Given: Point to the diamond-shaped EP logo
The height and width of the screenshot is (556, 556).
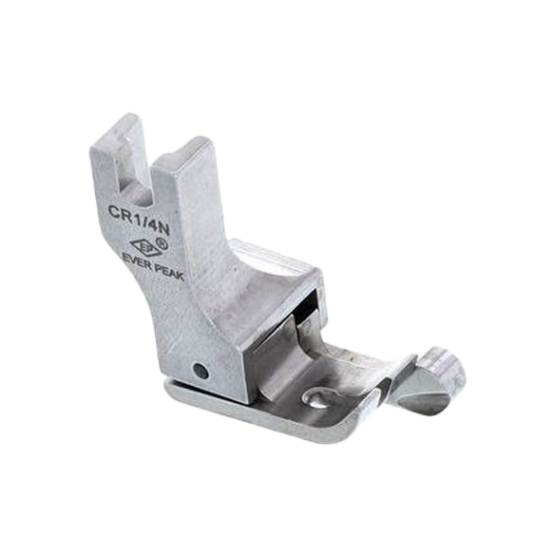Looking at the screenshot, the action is [x=143, y=247].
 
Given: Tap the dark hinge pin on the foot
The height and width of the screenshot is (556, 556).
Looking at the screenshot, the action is [x=201, y=371].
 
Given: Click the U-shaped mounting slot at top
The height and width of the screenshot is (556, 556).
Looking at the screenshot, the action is [x=135, y=170].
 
